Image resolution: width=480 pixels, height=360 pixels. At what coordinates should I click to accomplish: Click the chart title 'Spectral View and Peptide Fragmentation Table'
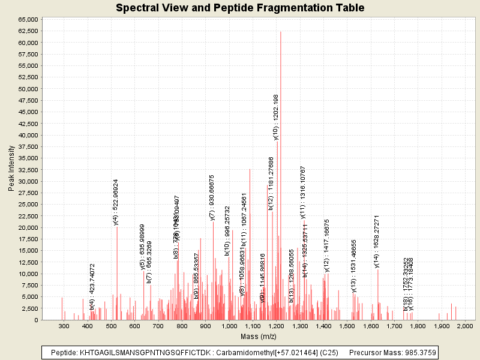coord(240,8)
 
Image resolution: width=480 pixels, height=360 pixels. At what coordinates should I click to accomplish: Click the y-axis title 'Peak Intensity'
coord(11,170)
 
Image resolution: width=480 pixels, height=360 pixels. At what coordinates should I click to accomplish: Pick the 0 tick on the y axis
coord(37,320)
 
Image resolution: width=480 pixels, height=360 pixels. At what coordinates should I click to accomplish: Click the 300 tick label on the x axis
coord(64,326)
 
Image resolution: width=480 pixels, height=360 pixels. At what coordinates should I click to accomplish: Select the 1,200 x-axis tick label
coord(277,326)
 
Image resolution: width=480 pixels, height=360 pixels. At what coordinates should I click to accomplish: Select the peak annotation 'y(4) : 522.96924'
coord(116,202)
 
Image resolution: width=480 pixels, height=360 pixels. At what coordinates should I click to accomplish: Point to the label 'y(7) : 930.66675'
coord(212,197)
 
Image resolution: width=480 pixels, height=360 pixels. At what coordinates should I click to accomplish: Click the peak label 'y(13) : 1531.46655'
coord(353,265)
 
